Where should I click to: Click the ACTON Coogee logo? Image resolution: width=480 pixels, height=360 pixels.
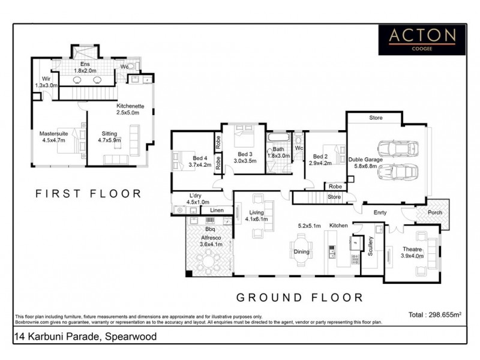(x=421, y=38)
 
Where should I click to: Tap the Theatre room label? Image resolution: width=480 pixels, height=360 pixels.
(x=412, y=249)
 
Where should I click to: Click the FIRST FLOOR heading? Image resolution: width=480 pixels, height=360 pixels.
(x=88, y=194)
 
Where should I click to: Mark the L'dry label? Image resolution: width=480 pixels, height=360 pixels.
(x=195, y=196)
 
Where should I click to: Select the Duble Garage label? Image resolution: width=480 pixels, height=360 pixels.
(x=364, y=160)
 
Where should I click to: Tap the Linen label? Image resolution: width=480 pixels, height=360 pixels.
(x=217, y=211)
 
